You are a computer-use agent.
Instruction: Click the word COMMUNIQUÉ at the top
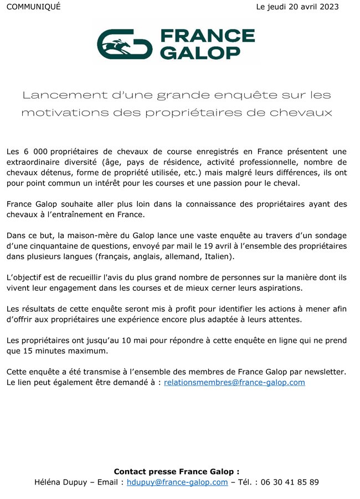coord(33,7)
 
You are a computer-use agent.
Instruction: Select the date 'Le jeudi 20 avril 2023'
coord(297,7)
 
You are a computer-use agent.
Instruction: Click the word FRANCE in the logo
coord(207,37)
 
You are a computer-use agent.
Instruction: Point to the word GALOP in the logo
coord(200,52)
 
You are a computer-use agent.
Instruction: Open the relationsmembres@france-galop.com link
coord(234,383)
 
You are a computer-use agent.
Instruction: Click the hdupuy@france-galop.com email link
coord(177,482)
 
